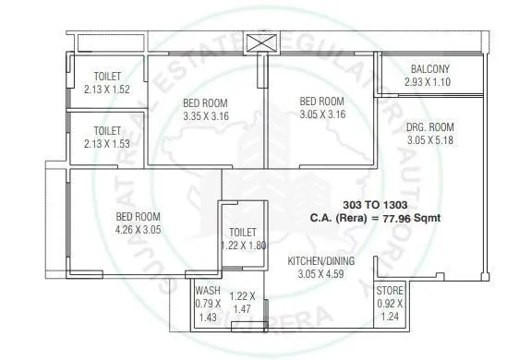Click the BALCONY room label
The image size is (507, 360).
[x=429, y=69]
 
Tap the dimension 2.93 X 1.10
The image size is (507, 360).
[x=429, y=82]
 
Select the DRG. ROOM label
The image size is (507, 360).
[x=430, y=127]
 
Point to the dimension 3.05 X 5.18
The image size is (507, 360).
[x=430, y=140]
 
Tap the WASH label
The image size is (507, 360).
[x=206, y=291]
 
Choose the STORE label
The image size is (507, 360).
[x=389, y=291]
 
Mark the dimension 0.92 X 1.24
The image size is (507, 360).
[x=389, y=310]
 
